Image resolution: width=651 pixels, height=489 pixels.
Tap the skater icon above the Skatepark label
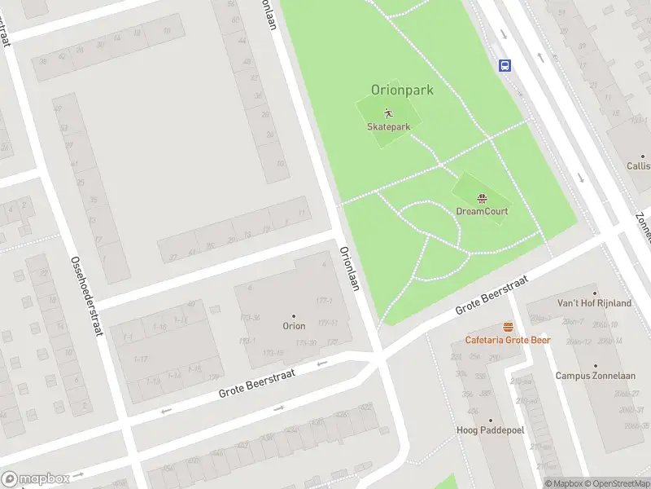[x=388, y=112]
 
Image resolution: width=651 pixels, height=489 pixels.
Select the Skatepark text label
[x=388, y=126]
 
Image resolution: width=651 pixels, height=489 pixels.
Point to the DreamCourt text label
[x=482, y=211]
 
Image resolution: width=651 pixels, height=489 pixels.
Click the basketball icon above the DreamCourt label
[x=482, y=197]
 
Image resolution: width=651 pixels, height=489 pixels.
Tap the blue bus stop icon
[x=505, y=65]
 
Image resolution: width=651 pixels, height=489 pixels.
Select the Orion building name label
[x=294, y=326]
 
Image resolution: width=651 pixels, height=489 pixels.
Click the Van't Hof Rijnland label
[x=594, y=303]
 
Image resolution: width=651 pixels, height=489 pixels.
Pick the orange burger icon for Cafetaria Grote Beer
[x=508, y=327]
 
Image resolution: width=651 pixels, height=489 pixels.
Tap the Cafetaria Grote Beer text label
[x=508, y=340]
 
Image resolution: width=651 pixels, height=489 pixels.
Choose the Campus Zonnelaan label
[x=595, y=376]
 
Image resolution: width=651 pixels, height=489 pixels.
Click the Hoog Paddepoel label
[x=490, y=430]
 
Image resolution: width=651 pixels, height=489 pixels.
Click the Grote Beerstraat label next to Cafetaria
[x=492, y=295]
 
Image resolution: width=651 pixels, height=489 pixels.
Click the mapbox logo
[x=36, y=478]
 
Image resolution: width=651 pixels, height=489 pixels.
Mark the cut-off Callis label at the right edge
[x=638, y=165]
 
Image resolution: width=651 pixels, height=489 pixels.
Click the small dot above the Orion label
[x=294, y=315]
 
